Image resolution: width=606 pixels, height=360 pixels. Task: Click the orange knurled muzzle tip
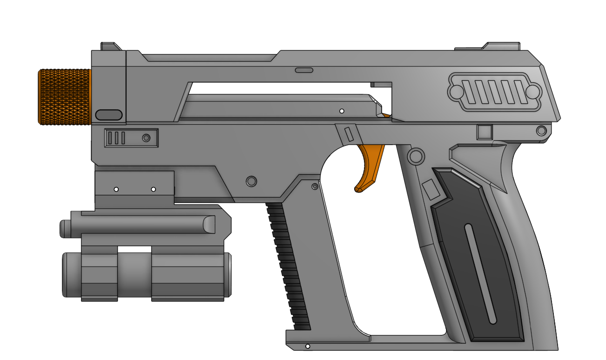coord(64,97)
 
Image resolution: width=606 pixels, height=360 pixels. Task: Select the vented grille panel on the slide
coord(494,92)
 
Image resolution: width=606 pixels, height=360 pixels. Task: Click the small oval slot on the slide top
coord(304,70)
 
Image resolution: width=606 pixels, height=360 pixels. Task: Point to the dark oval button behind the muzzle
coord(108,115)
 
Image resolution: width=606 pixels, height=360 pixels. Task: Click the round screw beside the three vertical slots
coord(146,138)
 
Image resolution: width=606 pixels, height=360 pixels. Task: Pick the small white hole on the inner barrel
coord(342,111)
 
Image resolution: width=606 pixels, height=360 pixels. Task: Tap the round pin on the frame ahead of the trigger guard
coord(251,180)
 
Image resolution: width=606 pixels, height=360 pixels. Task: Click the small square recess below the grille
coord(485,132)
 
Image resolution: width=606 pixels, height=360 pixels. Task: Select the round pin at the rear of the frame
coord(541,130)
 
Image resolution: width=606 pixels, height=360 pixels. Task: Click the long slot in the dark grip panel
coord(480,274)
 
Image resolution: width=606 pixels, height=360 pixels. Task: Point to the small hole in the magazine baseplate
coord(307,347)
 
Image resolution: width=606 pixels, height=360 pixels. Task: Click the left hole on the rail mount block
coord(116,189)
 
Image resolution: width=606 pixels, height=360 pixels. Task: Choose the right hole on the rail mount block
coord(153,189)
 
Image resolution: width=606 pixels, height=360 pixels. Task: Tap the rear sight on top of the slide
coord(501,46)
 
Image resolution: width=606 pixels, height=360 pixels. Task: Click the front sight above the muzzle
coord(111,46)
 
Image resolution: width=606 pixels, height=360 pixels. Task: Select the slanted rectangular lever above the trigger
coord(349,134)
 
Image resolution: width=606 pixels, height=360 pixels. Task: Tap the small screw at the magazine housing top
coord(315,187)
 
